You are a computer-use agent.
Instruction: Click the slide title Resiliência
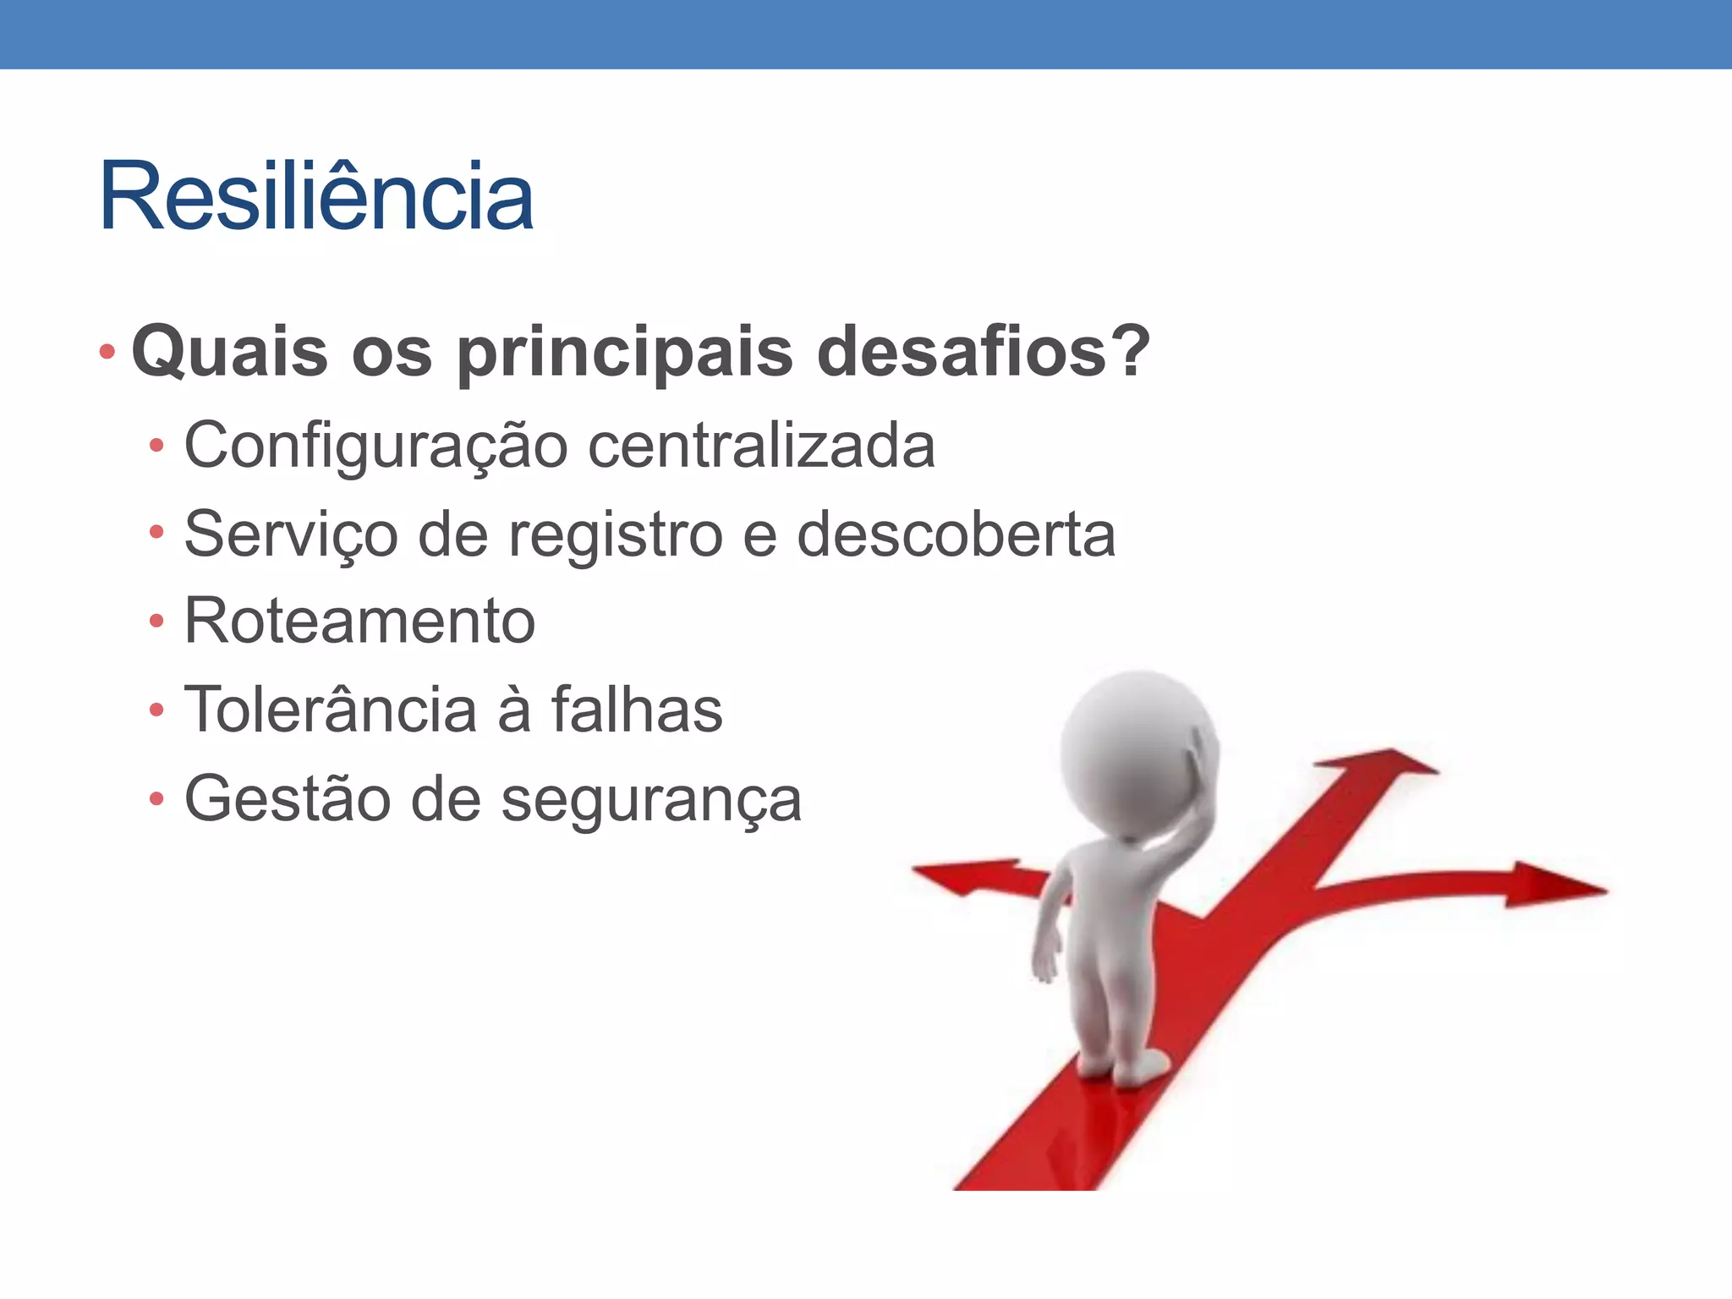tap(316, 197)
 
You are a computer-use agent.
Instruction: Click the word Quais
tap(229, 352)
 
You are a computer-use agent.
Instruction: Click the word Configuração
tap(375, 447)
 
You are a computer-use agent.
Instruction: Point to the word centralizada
tap(761, 446)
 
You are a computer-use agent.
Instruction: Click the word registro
tap(615, 535)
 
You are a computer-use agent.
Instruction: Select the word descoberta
tap(956, 534)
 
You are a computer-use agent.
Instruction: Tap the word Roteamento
tap(359, 622)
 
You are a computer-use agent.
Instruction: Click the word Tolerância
tap(330, 710)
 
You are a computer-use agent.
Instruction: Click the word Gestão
tap(287, 798)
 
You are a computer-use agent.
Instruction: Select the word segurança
tap(651, 800)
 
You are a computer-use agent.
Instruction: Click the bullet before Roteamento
tap(156, 622)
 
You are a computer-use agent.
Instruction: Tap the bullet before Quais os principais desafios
tap(107, 352)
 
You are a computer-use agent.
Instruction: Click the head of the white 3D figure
tap(1137, 753)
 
